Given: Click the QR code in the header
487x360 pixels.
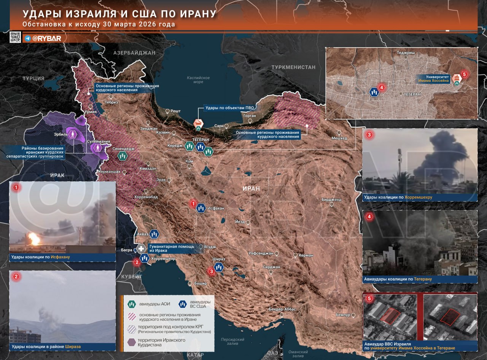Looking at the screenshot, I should [15, 37].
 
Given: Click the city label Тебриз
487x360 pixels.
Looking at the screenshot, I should [112, 102].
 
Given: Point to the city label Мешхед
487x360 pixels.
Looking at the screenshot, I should [339, 138].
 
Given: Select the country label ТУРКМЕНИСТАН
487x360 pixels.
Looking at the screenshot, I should [293, 67].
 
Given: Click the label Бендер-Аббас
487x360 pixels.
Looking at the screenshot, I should [282, 309].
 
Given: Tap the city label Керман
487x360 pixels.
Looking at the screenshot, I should [306, 255].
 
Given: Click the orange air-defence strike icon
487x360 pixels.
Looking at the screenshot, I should [198, 123].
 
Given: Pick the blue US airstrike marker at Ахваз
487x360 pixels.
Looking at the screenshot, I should [154, 234].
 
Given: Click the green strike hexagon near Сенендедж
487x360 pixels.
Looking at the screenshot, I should [122, 156].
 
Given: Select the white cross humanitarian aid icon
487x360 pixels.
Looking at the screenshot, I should [141, 249].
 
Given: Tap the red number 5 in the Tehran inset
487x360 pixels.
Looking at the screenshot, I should [464, 75].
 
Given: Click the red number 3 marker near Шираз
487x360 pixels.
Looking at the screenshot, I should [212, 271].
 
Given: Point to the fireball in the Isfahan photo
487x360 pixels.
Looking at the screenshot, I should [34, 239].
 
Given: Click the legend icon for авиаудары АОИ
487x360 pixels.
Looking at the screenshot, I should [132, 304].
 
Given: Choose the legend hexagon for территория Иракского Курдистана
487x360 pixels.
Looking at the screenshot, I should [132, 342].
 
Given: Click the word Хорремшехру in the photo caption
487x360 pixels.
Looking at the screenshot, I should [418, 197].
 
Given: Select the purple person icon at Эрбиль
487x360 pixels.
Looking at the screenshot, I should [72, 134].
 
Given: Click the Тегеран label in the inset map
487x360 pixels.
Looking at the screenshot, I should [412, 94].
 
